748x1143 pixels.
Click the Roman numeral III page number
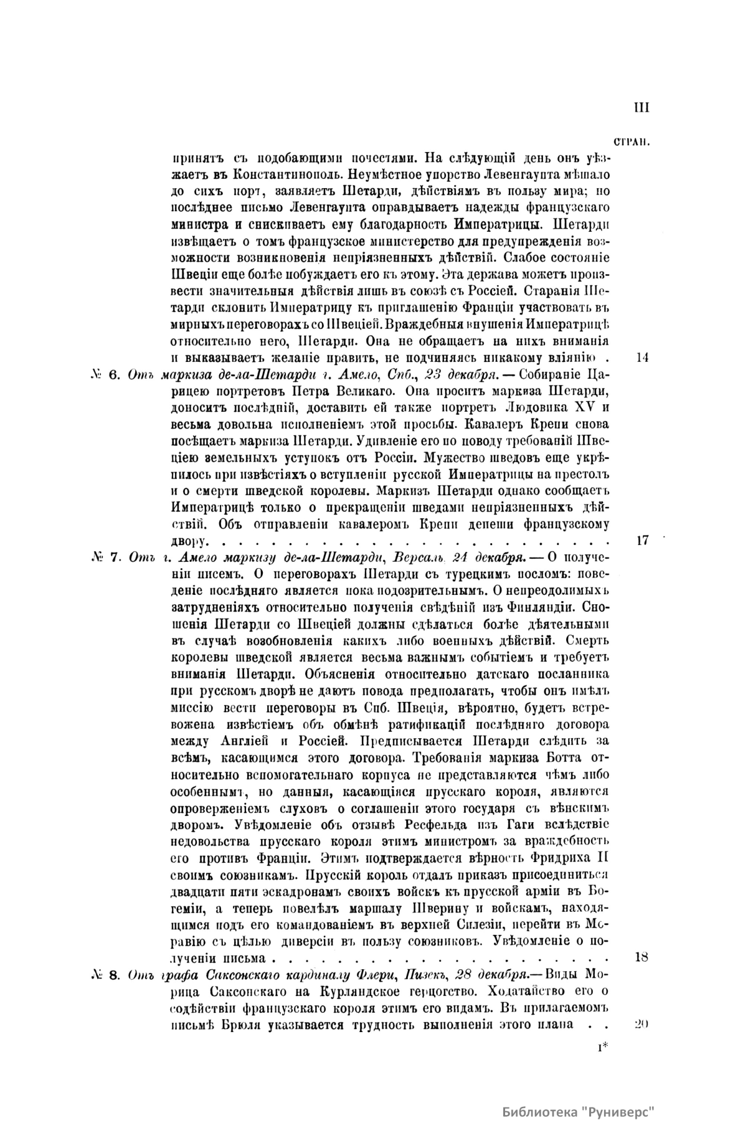(641, 108)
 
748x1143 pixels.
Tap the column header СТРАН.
(632, 141)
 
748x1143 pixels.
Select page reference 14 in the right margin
(643, 358)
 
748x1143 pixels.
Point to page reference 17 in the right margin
(643, 540)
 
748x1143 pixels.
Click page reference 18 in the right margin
(642, 957)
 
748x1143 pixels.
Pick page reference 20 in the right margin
(642, 1025)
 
